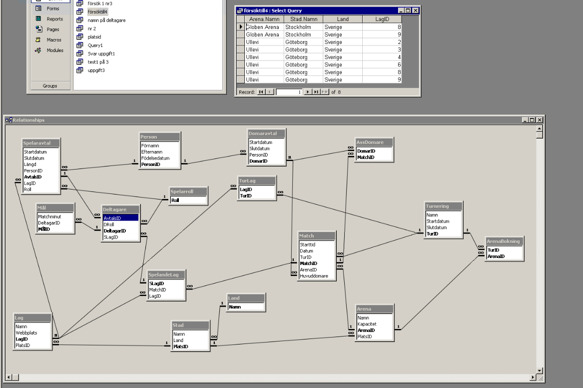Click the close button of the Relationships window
coord(540,120)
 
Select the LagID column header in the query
coord(382,19)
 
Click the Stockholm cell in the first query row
coord(298,27)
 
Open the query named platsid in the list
coord(94,37)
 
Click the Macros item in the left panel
coord(54,40)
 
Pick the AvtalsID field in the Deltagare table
coord(112,218)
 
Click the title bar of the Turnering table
coord(444,206)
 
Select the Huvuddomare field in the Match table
coord(314,276)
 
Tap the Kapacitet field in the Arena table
coord(367,324)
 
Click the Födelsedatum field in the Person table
coord(155,158)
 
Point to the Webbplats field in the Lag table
coord(26,333)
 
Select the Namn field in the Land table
coord(235,307)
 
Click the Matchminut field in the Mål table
coord(49,216)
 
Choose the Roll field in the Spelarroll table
coord(175,200)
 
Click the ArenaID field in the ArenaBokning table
coord(496,256)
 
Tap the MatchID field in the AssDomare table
coord(366,157)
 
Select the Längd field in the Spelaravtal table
coord(30,164)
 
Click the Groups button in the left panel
coord(50,86)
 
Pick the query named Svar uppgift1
coord(101,53)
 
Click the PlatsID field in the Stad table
coord(181,346)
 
